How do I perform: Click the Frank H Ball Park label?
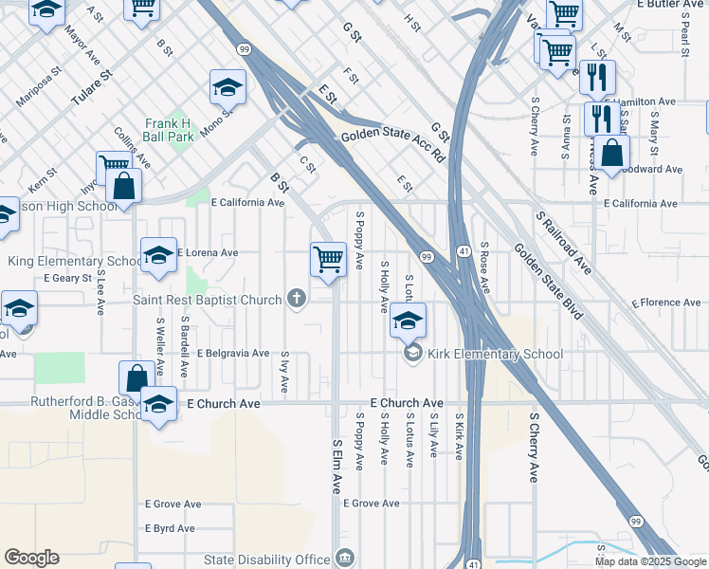point(169,129)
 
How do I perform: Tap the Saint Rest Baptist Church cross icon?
point(297,300)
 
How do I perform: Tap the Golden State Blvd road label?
point(553,272)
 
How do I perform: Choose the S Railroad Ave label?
point(564,242)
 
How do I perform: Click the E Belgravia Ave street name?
point(233,353)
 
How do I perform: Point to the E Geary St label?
point(68,278)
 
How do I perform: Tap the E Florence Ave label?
point(667,303)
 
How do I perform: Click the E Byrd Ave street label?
point(170,528)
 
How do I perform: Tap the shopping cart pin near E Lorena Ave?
point(328,257)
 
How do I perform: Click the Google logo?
point(31,558)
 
